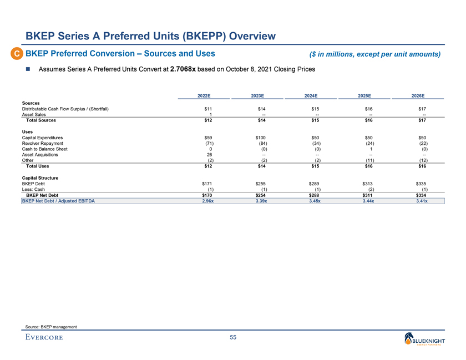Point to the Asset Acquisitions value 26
(209, 155)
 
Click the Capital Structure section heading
(40, 177)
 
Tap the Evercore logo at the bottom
(44, 338)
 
